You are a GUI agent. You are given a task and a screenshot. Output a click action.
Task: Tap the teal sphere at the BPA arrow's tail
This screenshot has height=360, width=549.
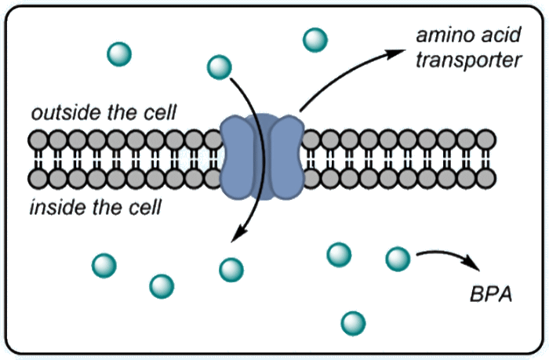click(398, 258)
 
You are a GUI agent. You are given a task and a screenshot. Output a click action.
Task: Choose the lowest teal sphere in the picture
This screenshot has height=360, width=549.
click(353, 322)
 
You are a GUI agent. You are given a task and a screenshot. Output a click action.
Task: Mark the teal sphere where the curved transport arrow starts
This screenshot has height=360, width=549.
click(220, 67)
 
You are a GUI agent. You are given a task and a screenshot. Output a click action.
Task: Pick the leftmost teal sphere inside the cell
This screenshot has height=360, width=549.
click(104, 264)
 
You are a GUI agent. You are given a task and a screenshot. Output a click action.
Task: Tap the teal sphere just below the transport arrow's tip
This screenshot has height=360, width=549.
click(231, 269)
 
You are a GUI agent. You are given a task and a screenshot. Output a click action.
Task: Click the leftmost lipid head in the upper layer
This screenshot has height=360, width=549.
click(38, 140)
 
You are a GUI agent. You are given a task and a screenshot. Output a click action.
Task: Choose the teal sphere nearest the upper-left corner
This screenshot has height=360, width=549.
click(119, 54)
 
